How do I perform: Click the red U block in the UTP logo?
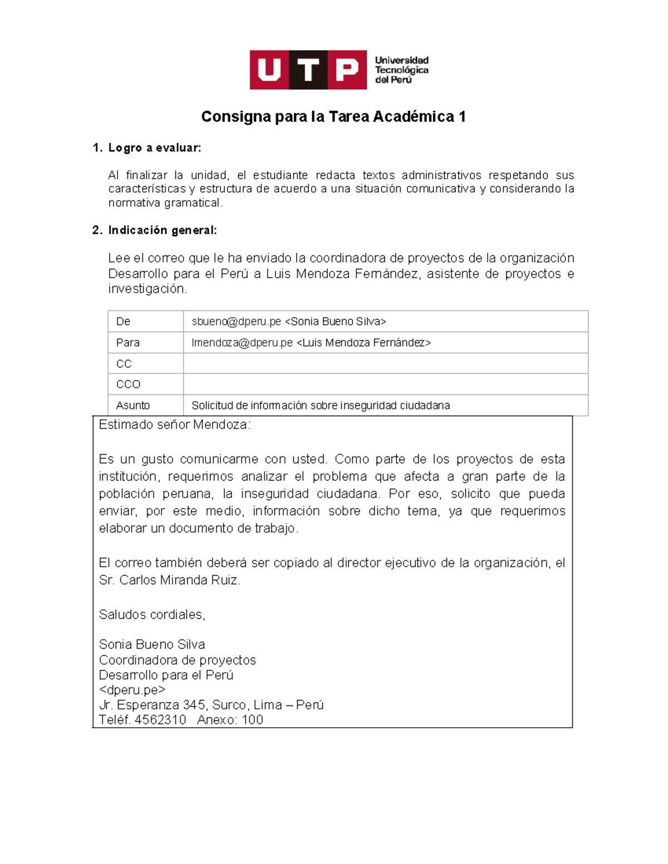[x=269, y=70]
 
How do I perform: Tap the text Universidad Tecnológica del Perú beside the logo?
[x=401, y=70]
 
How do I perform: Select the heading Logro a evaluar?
[x=154, y=148]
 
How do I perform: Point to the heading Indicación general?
[x=162, y=230]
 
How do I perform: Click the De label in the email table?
[x=123, y=322]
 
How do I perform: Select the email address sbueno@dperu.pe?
[x=236, y=322]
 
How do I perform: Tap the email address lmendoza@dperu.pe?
[x=242, y=343]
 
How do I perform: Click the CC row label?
[x=124, y=364]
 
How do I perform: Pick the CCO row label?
[x=128, y=384]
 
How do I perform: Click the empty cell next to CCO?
[x=385, y=384]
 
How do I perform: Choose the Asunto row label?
[x=133, y=406]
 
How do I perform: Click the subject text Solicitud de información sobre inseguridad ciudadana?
[x=321, y=406]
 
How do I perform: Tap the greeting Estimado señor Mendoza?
[x=174, y=425]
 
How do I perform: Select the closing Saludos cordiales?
[x=152, y=615]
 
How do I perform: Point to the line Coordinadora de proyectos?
[x=177, y=660]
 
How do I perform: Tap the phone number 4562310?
[x=160, y=720]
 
